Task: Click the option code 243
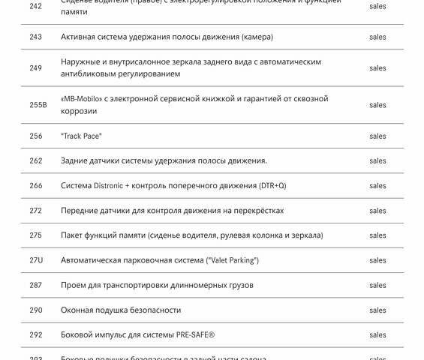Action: pos(36,37)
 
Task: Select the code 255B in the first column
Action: pos(38,105)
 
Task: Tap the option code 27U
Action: pos(36,260)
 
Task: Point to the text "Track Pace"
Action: pos(81,136)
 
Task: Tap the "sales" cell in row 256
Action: pos(377,136)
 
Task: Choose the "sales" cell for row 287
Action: pos(377,285)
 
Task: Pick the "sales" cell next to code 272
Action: pos(377,211)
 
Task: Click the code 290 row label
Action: pos(36,310)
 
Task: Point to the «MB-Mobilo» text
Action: pos(83,99)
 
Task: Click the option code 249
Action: pos(36,68)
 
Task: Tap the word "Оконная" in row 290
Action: pos(78,310)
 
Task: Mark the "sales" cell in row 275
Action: pos(377,235)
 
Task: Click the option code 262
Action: pos(36,161)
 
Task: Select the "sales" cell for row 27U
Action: pos(377,260)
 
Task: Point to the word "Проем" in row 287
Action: pos(74,285)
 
